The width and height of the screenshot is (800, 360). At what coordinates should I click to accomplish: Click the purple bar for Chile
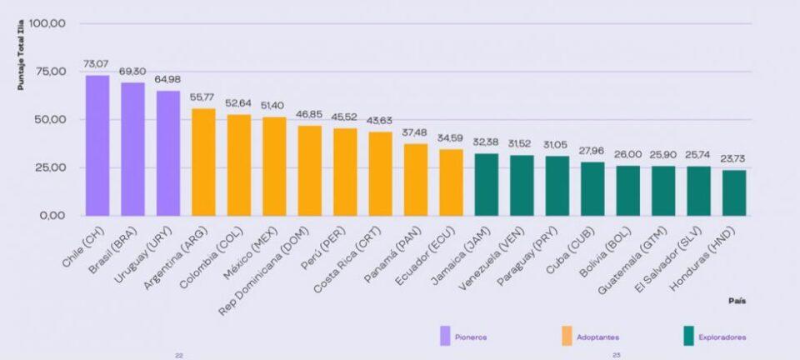(97, 146)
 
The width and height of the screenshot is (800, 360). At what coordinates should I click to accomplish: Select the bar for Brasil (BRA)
(132, 149)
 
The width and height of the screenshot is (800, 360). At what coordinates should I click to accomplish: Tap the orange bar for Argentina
(203, 162)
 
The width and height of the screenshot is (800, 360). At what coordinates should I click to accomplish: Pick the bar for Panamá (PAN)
(416, 180)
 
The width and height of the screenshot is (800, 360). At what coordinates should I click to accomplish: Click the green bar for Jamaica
(487, 185)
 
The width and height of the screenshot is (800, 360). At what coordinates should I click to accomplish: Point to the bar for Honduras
(734, 193)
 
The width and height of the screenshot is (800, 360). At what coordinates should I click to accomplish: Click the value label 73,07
(97, 64)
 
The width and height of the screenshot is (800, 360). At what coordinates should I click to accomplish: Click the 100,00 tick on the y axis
(47, 23)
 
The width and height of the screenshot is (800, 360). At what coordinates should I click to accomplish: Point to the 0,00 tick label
(52, 216)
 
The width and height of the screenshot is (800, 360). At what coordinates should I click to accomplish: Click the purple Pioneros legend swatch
(446, 337)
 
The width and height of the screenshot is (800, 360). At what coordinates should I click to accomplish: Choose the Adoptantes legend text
(601, 337)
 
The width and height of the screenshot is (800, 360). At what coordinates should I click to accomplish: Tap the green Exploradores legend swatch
(688, 337)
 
